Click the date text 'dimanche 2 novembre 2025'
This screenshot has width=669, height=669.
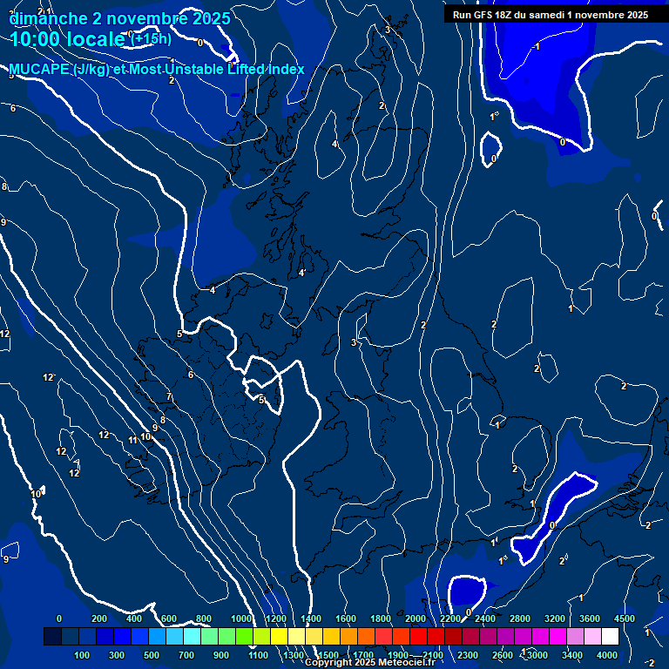(120, 18)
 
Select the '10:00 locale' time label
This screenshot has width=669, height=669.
(68, 39)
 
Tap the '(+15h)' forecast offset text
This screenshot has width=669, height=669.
(150, 38)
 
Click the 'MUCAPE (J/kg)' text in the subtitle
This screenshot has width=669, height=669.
(59, 70)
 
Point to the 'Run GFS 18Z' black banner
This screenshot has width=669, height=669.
(550, 15)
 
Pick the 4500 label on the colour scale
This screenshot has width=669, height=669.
(624, 618)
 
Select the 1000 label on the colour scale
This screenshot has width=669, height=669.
(240, 618)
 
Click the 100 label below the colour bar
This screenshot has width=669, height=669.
(83, 655)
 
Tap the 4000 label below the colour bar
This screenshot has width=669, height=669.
(607, 655)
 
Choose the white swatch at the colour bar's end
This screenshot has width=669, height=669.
(610, 638)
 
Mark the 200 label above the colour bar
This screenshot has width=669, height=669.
(99, 618)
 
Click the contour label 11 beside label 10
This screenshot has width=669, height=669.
(133, 440)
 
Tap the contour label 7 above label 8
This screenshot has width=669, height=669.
(169, 397)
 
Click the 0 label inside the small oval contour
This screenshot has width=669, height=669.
(493, 159)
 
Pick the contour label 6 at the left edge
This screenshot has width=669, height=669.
(13, 108)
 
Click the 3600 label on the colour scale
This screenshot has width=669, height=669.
(589, 618)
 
